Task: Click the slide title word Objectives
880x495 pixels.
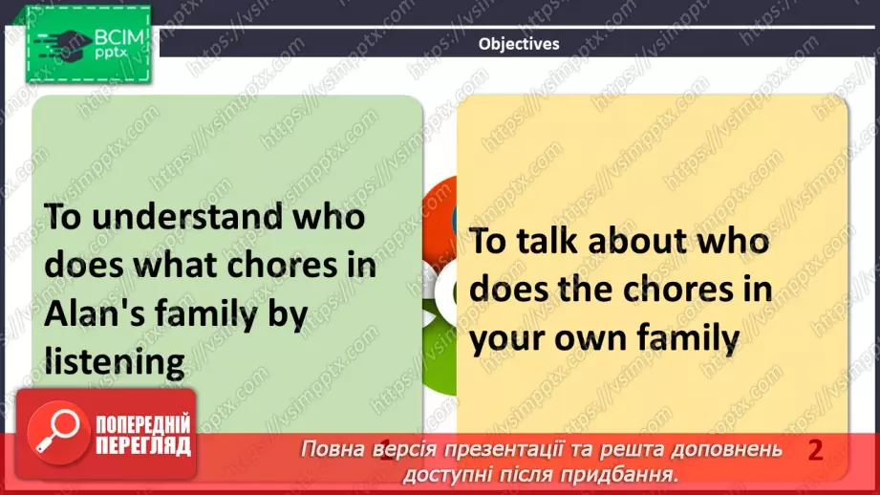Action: click(519, 43)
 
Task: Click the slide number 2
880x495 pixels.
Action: click(815, 449)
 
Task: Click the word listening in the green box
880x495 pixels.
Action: click(114, 361)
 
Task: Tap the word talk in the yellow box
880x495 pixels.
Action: click(557, 242)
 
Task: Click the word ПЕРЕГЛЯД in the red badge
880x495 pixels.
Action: click(140, 444)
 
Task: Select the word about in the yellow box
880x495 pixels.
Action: click(643, 242)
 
